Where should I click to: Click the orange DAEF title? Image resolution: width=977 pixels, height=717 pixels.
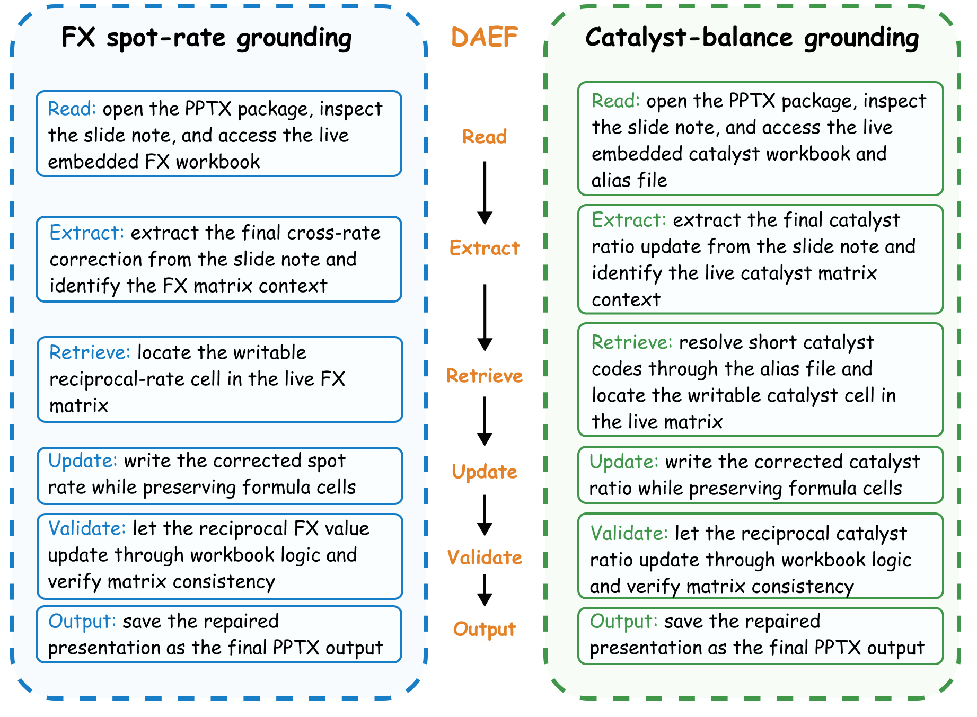[x=484, y=37]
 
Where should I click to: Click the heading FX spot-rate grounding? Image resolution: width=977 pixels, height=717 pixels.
[x=206, y=38]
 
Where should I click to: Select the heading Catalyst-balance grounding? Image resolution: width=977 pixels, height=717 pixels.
[x=752, y=38]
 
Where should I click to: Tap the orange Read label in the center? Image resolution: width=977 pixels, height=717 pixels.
[x=485, y=137]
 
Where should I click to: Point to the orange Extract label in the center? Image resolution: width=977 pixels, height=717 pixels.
[x=485, y=248]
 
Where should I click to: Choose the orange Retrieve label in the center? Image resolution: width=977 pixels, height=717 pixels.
[x=485, y=376]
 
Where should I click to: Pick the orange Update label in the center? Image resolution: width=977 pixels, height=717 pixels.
[x=485, y=472]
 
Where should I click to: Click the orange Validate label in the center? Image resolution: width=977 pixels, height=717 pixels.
[x=485, y=557]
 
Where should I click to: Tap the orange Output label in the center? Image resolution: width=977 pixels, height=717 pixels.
[x=485, y=629]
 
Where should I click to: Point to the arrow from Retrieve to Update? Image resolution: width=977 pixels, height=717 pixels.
[x=485, y=421]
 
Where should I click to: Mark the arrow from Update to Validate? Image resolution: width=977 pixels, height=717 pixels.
[x=485, y=515]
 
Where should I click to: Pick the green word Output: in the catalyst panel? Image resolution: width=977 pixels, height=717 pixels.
[x=624, y=621]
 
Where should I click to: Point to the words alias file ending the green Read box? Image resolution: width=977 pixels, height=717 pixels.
[x=629, y=180]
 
